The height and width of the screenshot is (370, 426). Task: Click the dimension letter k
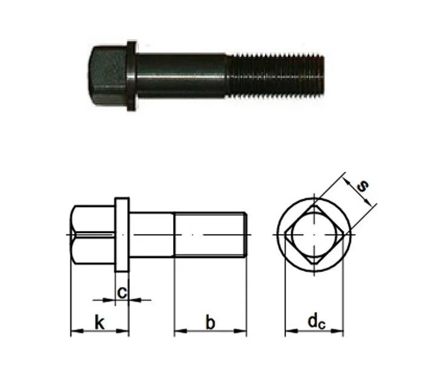click(99, 322)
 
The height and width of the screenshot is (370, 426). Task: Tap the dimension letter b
click(211, 322)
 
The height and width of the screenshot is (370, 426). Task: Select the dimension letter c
click(122, 293)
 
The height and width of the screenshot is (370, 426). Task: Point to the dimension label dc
click(316, 322)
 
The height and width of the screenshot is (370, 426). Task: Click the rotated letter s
click(362, 186)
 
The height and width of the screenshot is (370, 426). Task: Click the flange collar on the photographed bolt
click(131, 76)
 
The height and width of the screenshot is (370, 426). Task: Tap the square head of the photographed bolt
click(108, 76)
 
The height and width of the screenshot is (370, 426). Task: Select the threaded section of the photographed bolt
click(275, 76)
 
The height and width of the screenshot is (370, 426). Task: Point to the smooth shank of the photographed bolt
click(181, 76)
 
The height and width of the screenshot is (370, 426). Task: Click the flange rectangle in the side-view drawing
click(122, 235)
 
